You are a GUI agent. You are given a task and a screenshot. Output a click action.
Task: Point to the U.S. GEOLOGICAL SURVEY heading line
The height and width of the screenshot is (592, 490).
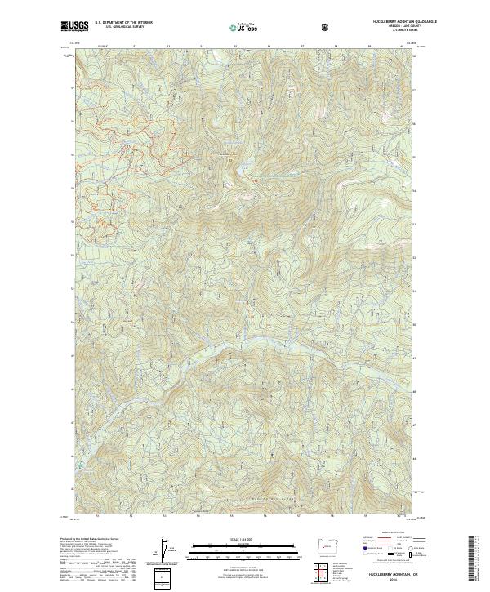coord(119,27)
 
